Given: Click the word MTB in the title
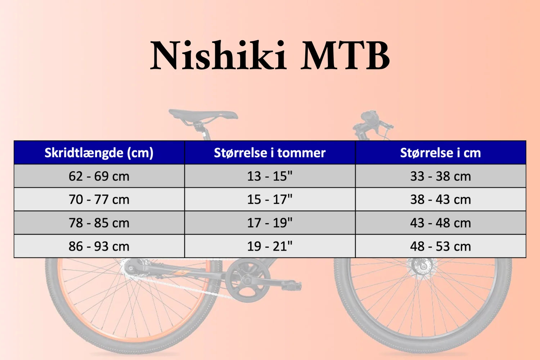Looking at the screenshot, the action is (346, 56).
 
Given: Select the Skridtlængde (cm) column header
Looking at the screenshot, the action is (99, 153).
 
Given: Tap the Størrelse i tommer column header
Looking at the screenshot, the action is (270, 153).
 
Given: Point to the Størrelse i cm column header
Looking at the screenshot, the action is (440, 153).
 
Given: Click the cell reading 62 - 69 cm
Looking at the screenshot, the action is (99, 176).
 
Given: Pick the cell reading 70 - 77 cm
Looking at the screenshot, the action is (99, 199).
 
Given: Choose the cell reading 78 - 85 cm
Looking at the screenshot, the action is (99, 223).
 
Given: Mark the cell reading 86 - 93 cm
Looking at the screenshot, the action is (99, 246).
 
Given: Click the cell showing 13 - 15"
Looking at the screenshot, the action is (270, 176).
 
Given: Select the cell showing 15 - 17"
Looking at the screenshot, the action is (270, 199).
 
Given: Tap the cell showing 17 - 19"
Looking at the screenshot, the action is (270, 223).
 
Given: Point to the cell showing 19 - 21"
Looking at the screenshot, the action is (270, 246).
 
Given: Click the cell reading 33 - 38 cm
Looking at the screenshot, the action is (440, 176).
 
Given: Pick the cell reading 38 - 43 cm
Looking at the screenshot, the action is (440, 199).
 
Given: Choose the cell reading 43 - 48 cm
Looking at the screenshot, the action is (440, 223).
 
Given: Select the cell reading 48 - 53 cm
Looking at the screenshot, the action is (440, 246).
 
